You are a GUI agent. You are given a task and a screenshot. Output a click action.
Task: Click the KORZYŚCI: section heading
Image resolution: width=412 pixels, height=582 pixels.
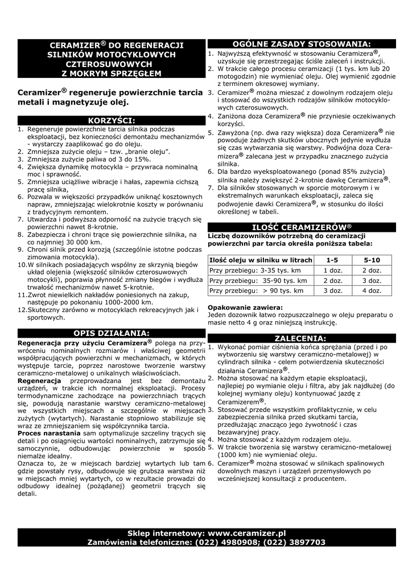click(112, 120)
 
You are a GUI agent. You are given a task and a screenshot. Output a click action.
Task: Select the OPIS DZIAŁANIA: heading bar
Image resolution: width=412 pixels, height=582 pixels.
click(112, 332)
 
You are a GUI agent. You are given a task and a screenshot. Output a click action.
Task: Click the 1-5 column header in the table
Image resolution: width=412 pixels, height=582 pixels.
click(332, 260)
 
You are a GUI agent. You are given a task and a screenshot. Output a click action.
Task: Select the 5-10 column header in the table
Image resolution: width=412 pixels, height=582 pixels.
click(372, 260)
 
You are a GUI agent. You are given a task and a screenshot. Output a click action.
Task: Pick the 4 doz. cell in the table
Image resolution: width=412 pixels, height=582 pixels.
click(372, 290)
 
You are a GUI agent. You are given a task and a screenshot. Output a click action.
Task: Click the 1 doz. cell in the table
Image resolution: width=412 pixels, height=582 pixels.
click(332, 270)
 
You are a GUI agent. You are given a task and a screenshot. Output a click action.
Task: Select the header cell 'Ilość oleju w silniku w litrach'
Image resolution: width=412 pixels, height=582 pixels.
click(261, 260)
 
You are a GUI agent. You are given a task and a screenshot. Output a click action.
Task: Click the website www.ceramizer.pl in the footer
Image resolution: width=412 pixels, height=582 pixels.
click(246, 534)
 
